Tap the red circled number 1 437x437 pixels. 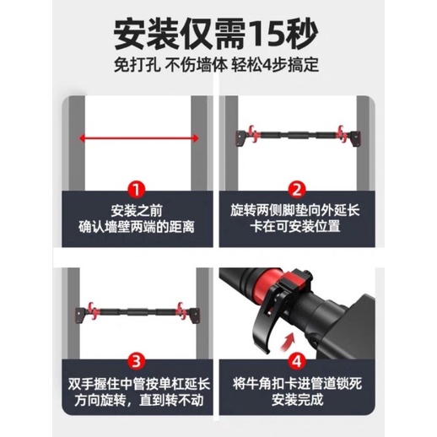tap(137, 190)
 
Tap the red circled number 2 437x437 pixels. tap(297, 190)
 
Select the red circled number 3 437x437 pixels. tap(137, 361)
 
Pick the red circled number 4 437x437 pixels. tap(297, 361)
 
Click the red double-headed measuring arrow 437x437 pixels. tap(139, 138)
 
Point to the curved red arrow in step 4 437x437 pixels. tap(288, 343)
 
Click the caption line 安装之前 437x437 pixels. tap(137, 211)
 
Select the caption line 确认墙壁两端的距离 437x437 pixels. tap(137, 227)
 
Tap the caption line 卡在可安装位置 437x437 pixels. tap(295, 226)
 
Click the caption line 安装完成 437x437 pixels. tap(297, 399)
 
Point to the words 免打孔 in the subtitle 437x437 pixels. tap(137, 65)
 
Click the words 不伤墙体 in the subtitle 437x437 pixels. tap(196, 65)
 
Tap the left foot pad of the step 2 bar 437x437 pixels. tap(240, 138)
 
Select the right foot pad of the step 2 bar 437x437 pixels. tap(355, 138)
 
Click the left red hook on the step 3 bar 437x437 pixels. tap(92, 310)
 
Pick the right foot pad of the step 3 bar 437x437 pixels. tap(195, 316)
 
